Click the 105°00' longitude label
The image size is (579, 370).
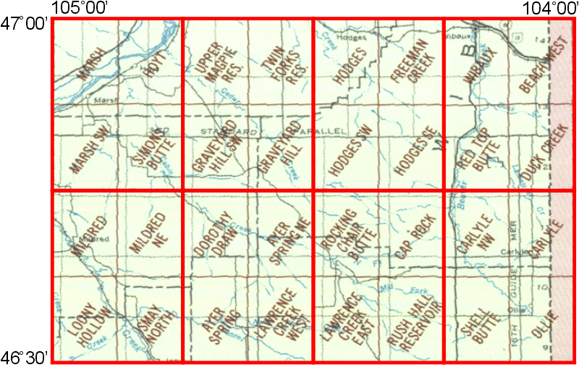[x=80, y=8]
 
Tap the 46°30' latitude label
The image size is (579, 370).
[x=25, y=357]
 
